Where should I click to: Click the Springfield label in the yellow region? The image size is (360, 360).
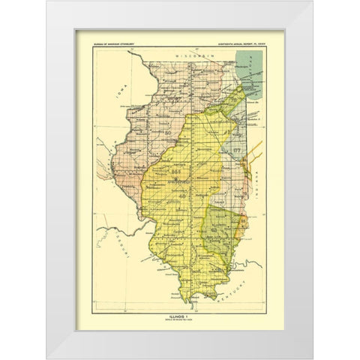click(181, 167)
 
